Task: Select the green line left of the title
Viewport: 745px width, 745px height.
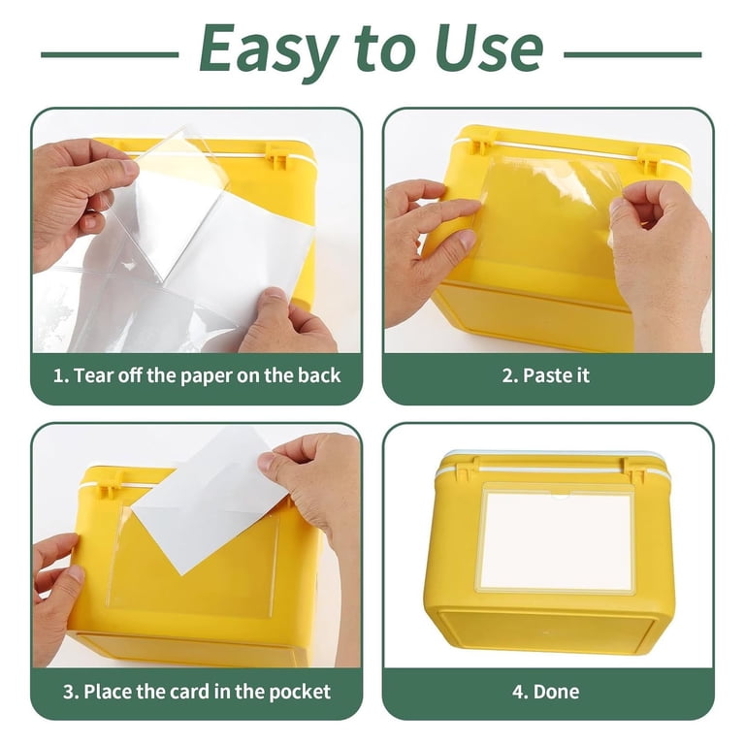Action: (x=110, y=54)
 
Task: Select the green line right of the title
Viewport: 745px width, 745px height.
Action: (x=632, y=54)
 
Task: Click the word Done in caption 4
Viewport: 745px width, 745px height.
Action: (x=557, y=692)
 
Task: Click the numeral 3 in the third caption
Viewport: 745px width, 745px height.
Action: (x=69, y=692)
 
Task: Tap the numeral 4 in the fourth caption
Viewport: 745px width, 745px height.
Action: (x=518, y=692)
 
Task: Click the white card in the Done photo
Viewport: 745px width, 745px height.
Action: (x=557, y=538)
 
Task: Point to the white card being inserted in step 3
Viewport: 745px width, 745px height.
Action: (x=210, y=499)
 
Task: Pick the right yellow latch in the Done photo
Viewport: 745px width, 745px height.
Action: (x=633, y=470)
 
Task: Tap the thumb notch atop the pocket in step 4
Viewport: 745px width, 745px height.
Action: (x=560, y=497)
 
